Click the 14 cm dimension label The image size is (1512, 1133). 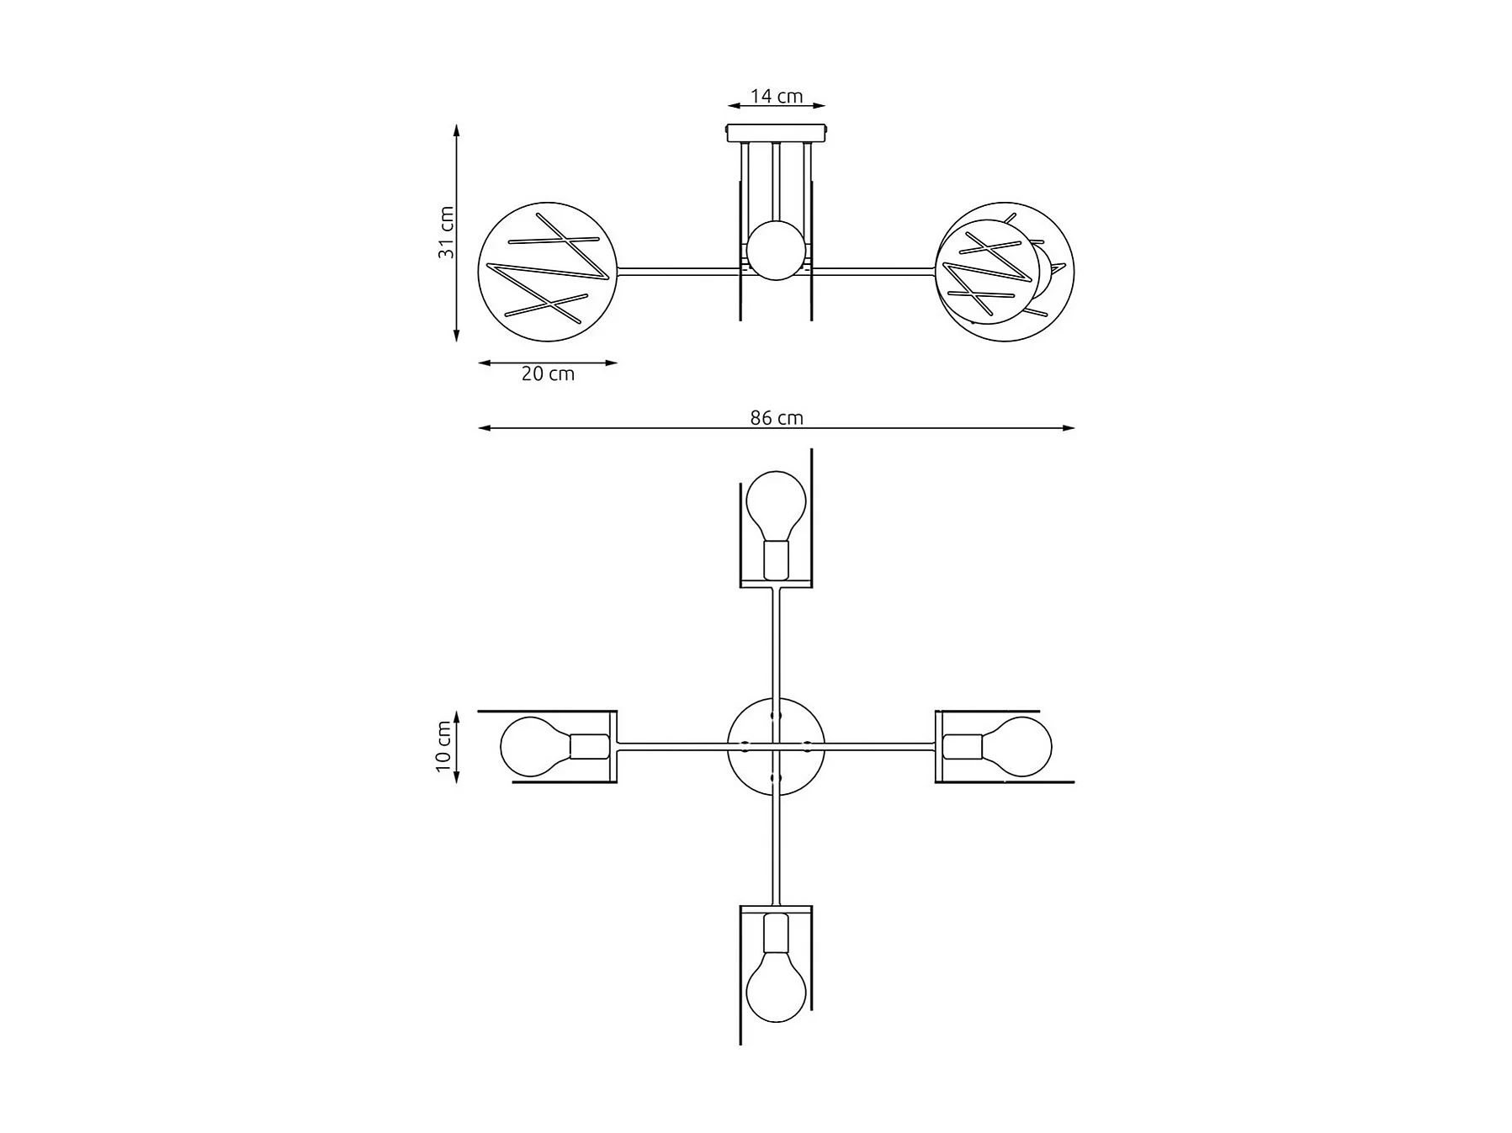(x=777, y=96)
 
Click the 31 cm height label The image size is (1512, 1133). (x=446, y=232)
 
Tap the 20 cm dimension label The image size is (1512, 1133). (x=548, y=374)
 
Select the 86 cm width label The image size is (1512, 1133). (x=777, y=418)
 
